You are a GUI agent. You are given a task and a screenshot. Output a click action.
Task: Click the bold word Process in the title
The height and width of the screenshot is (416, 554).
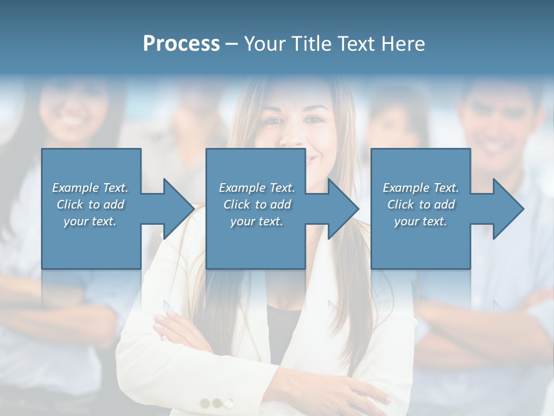point(181,43)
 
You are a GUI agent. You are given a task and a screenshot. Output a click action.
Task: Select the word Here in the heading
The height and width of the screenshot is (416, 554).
point(403,43)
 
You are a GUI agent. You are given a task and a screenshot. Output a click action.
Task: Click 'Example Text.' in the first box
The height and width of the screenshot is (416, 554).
point(90,187)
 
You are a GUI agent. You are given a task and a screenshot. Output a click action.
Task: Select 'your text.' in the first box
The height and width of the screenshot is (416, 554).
point(90,221)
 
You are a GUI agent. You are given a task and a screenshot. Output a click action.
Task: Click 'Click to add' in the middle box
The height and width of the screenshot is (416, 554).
point(257,204)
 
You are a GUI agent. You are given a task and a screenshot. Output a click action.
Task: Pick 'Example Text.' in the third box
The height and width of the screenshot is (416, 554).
point(421,187)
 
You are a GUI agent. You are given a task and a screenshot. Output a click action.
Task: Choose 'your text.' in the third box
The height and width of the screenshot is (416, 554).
point(421,221)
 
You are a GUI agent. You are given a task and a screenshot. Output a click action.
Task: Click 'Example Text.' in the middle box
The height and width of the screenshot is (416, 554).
point(257,187)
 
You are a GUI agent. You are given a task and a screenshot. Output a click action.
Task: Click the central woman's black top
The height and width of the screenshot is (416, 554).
point(283,329)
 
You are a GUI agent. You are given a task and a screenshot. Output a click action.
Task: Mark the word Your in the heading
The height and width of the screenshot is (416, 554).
point(264,43)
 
